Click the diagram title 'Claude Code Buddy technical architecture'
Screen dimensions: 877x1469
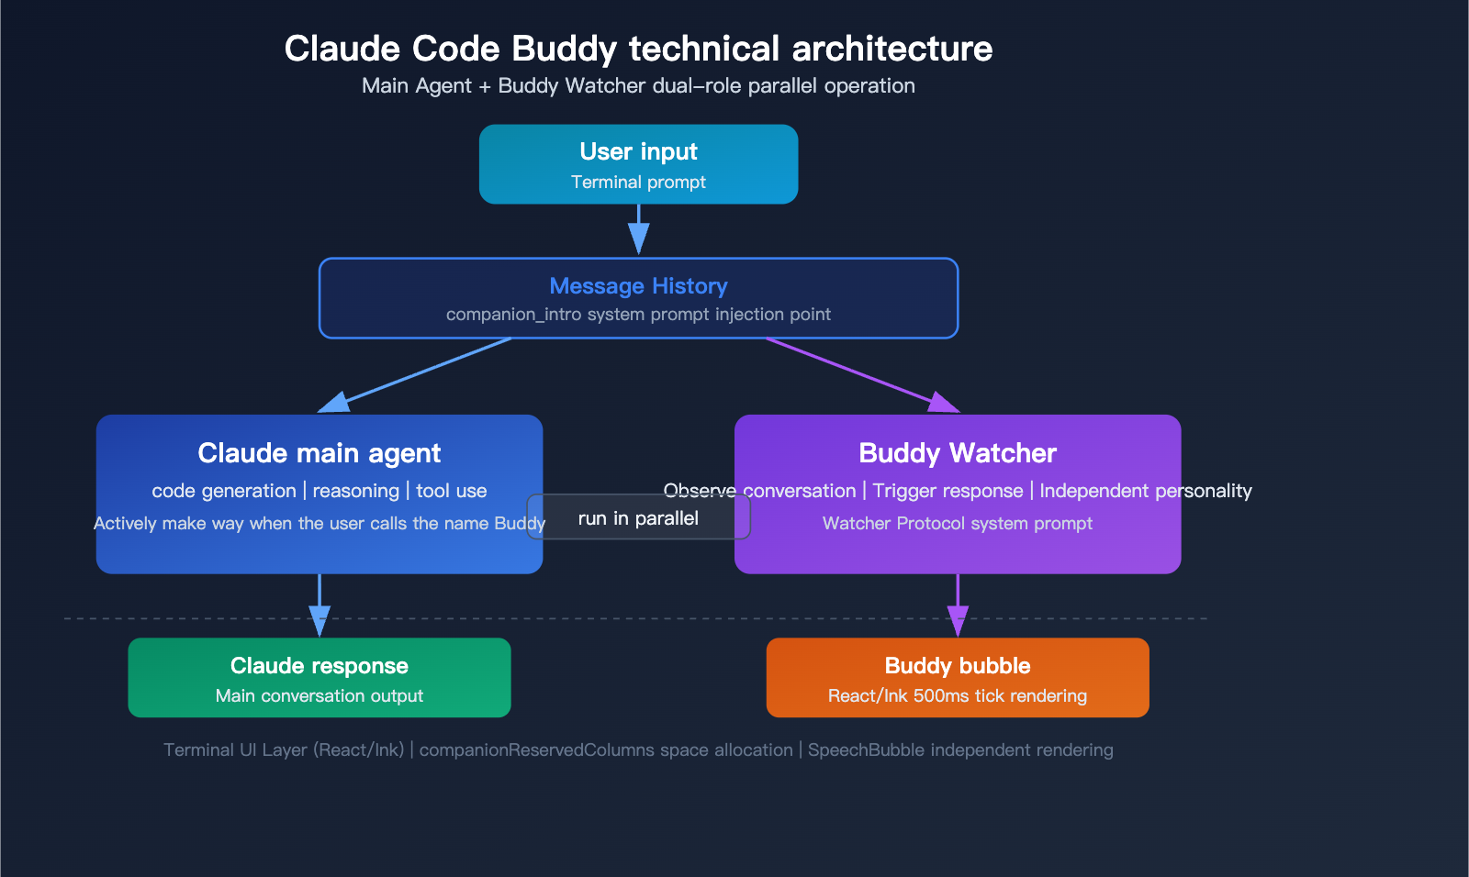pyautogui.click(x=638, y=49)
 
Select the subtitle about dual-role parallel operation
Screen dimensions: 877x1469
pyautogui.click(x=638, y=86)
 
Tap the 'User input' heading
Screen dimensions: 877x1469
pyautogui.click(x=638, y=151)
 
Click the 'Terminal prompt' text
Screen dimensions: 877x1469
pyautogui.click(x=638, y=183)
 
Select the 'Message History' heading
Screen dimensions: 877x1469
pyautogui.click(x=638, y=286)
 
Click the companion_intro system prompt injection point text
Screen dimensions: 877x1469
pyautogui.click(x=638, y=315)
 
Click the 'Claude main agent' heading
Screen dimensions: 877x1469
pyautogui.click(x=319, y=453)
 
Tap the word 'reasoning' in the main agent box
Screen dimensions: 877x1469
pyautogui.click(x=355, y=491)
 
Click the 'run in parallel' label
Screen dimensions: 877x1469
pyautogui.click(x=638, y=518)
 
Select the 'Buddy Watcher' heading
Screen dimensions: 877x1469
pyautogui.click(x=957, y=453)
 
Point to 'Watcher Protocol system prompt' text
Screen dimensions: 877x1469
pyautogui.click(x=957, y=524)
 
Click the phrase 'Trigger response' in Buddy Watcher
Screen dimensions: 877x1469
pyautogui.click(x=948, y=491)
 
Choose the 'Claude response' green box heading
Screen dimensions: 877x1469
pyautogui.click(x=319, y=666)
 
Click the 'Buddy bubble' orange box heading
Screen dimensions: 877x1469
pyautogui.click(x=957, y=666)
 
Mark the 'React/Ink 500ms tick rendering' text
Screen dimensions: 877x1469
pyautogui.click(x=957, y=696)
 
